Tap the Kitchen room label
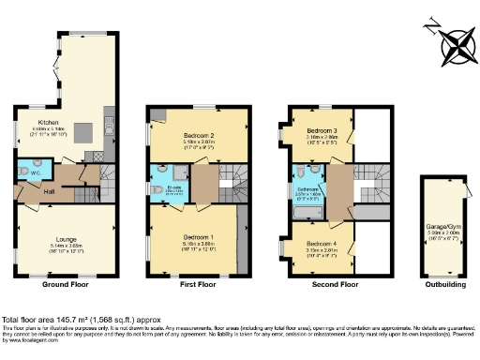click(49, 122)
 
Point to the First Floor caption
click(197, 282)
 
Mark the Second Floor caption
click(336, 282)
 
